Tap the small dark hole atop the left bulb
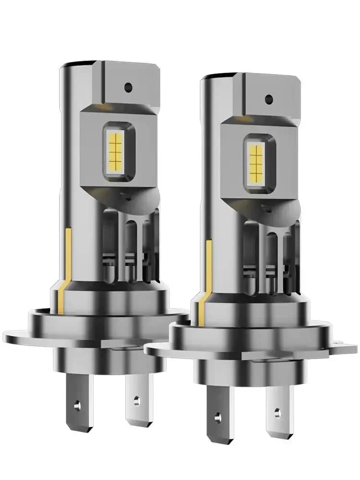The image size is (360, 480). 128,87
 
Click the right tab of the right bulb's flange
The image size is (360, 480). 336,344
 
